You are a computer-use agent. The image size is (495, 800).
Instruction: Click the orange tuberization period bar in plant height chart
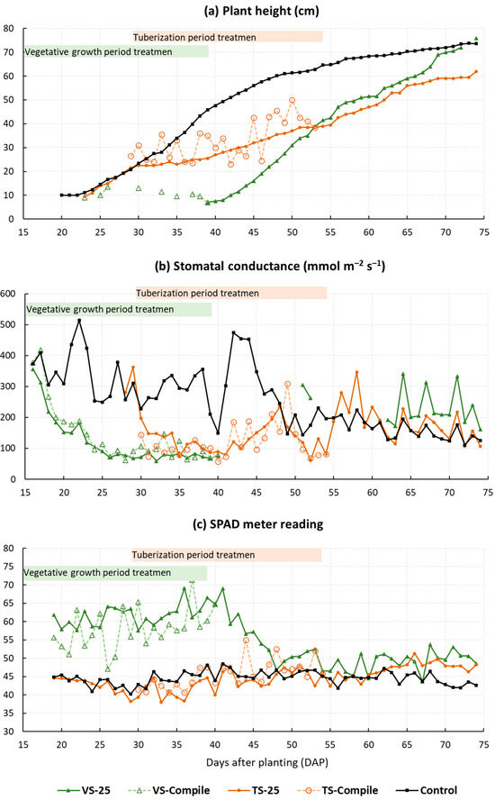[x=228, y=37]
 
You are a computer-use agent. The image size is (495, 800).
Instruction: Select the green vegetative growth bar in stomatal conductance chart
[x=118, y=309]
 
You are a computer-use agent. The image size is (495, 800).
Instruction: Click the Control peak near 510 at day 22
[x=79, y=321]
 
